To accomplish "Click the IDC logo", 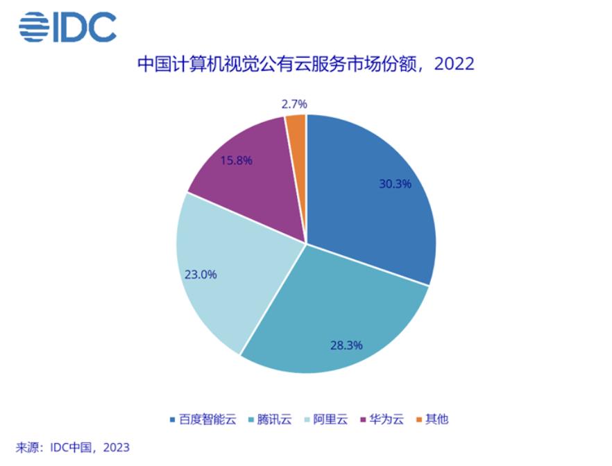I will (67, 26).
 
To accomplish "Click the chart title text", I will (305, 64).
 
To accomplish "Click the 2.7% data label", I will (294, 104).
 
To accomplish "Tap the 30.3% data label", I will (395, 184).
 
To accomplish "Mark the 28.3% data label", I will (346, 345).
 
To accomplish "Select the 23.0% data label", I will (201, 274).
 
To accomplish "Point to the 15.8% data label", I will (236, 160).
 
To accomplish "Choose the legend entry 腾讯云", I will (274, 420).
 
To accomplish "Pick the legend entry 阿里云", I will (330, 420).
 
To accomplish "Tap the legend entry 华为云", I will (385, 420).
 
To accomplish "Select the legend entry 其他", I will (436, 420).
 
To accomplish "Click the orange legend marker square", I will (419, 420).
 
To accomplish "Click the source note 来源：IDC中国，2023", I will (73, 448).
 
